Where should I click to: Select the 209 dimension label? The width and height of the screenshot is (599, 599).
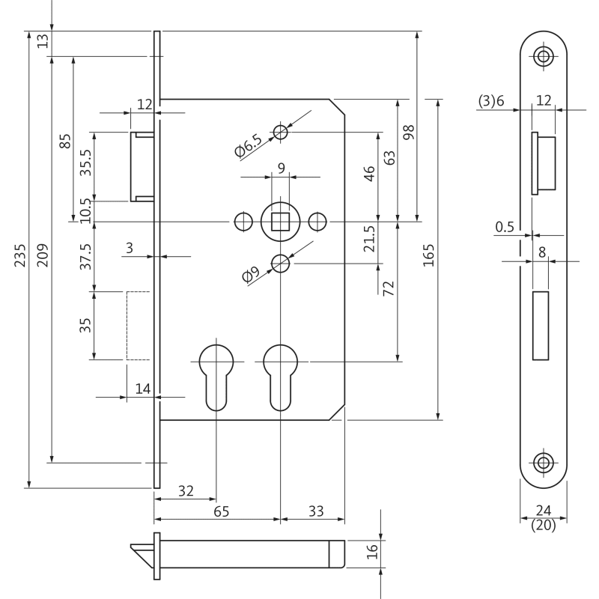tap(42, 257)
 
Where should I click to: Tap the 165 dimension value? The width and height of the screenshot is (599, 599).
tap(428, 257)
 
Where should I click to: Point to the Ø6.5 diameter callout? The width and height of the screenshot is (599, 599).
tap(249, 146)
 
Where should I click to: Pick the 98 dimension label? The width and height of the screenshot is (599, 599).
tap(408, 133)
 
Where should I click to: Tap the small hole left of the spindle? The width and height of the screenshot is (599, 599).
tap(243, 222)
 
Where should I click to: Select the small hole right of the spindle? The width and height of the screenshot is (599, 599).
tap(317, 222)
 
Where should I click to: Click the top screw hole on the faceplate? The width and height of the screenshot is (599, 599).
tap(544, 56)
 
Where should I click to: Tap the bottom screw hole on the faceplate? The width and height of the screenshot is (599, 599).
tap(544, 461)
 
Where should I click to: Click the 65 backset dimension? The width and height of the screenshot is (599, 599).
tap(221, 511)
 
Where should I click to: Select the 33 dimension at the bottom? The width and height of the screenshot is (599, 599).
tap(316, 511)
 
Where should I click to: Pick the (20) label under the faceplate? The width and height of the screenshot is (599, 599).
tap(543, 526)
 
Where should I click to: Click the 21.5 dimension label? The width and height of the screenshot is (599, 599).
tap(368, 240)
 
